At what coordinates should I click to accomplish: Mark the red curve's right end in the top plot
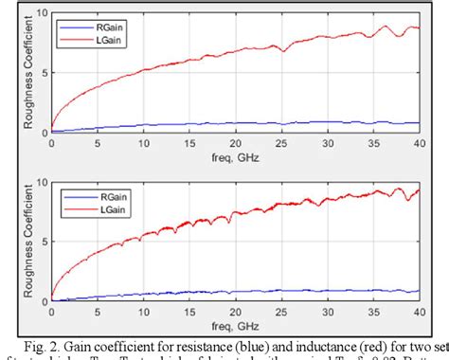tap(418, 28)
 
